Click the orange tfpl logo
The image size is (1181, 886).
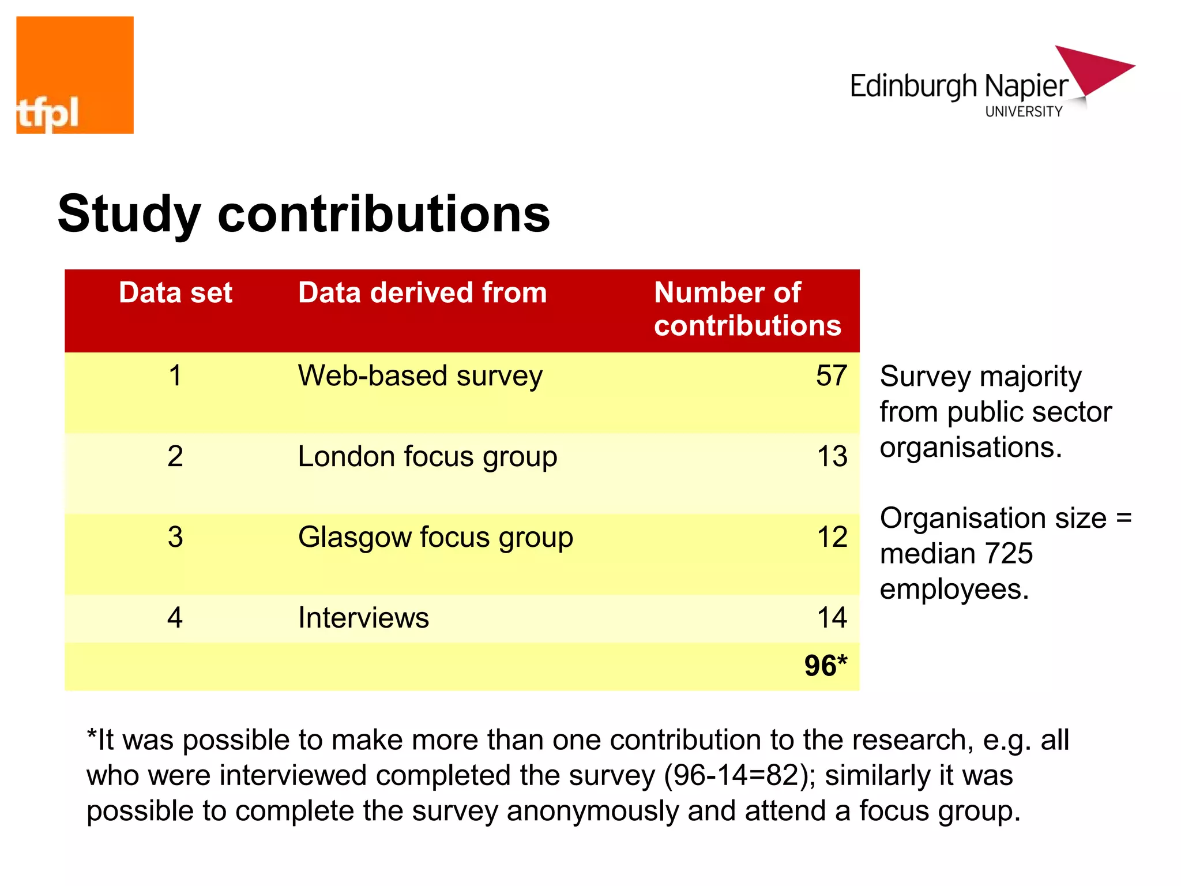[x=75, y=75]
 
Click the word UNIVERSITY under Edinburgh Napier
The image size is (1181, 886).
[x=1024, y=112]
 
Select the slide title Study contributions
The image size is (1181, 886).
[x=304, y=214]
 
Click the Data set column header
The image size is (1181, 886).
[x=175, y=292]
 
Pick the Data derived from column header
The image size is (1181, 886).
[x=422, y=292]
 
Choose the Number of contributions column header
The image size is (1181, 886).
[x=747, y=309]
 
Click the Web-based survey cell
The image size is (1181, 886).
[x=420, y=376]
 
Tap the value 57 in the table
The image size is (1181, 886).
[x=831, y=376]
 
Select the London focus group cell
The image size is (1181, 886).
[x=427, y=457]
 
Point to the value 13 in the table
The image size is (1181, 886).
[x=832, y=457]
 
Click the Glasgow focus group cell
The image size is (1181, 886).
[x=435, y=538]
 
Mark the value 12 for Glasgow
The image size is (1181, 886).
[x=832, y=538]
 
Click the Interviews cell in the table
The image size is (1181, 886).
[x=363, y=618]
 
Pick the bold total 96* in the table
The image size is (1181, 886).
[x=825, y=666]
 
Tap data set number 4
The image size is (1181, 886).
[x=175, y=618]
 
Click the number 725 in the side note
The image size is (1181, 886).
[x=1009, y=554]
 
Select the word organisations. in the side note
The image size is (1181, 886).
[x=971, y=448]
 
